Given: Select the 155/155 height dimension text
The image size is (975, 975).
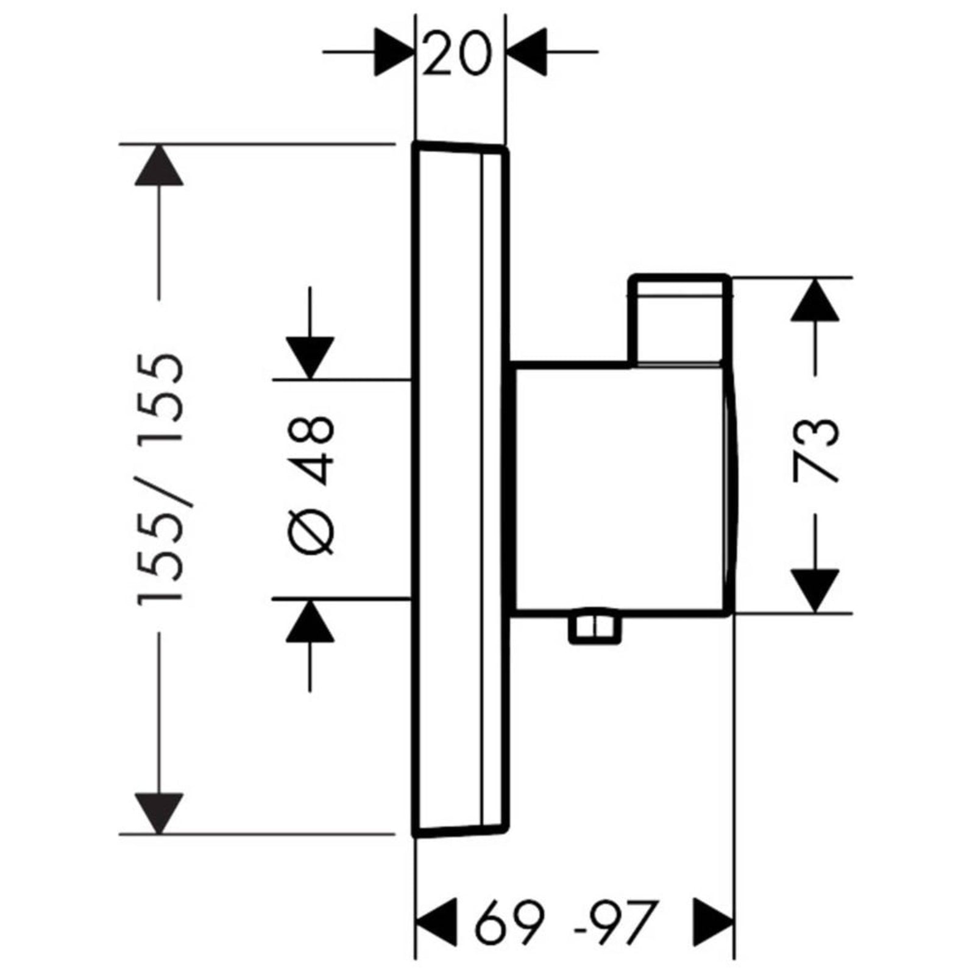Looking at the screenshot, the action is click(x=160, y=479).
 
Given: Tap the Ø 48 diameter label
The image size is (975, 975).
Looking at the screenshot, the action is click(x=310, y=484).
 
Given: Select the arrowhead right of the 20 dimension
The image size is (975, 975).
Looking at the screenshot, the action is click(x=526, y=52).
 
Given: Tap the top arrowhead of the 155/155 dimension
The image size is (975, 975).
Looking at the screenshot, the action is click(x=159, y=165).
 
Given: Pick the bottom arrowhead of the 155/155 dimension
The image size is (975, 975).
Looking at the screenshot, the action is click(x=159, y=814).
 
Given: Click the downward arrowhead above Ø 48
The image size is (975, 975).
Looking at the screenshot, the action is click(x=310, y=358).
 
